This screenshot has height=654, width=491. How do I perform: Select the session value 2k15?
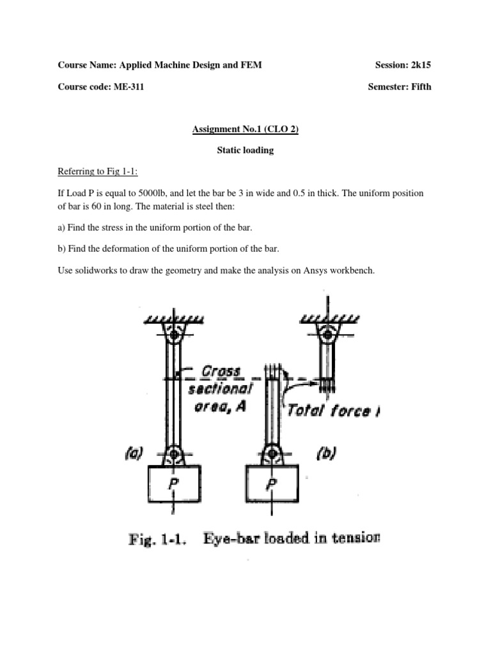(419, 65)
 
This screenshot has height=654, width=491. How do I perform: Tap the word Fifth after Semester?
(419, 87)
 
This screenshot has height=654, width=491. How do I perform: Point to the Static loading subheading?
(245, 151)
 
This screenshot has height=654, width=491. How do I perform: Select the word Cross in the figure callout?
(221, 371)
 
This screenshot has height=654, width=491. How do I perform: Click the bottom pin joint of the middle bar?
(272, 455)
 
